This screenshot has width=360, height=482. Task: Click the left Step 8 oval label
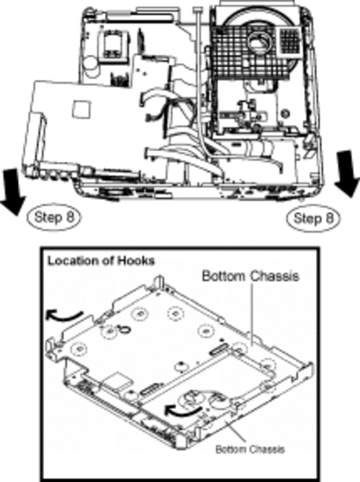point(54,217)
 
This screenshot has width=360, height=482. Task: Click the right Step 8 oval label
point(313,219)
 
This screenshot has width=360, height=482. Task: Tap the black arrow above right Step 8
point(347,174)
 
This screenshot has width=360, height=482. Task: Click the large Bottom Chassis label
point(250,276)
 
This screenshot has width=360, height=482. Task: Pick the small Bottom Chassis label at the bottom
point(250,449)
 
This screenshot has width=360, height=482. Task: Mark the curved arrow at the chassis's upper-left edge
point(64,316)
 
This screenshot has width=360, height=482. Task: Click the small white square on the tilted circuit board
point(82,109)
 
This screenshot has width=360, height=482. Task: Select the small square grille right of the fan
point(289,39)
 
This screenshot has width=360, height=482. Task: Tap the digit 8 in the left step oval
point(70,217)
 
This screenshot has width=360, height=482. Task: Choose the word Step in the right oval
point(306,218)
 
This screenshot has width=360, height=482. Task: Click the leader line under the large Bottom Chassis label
point(252,314)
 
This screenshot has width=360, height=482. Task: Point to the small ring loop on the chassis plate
point(125,329)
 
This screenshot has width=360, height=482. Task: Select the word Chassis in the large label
point(274,276)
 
